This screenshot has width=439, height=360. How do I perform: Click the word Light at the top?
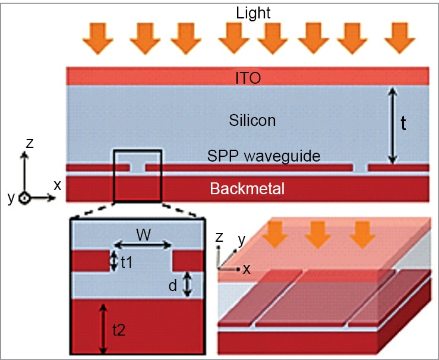[252, 12]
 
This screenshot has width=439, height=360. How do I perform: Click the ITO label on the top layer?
[247, 77]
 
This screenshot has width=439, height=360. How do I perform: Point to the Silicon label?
[252, 121]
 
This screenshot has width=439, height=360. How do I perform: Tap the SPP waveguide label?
[264, 156]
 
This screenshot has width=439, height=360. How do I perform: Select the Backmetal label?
[247, 190]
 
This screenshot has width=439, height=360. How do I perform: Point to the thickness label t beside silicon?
[403, 124]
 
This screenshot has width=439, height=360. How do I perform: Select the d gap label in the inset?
[172, 285]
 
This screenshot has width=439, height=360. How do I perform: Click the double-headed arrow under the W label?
[143, 245]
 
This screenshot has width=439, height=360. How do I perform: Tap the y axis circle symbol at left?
[24, 198]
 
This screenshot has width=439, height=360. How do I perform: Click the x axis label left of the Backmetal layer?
[58, 185]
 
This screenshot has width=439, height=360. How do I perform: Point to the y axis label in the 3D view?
[241, 241]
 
